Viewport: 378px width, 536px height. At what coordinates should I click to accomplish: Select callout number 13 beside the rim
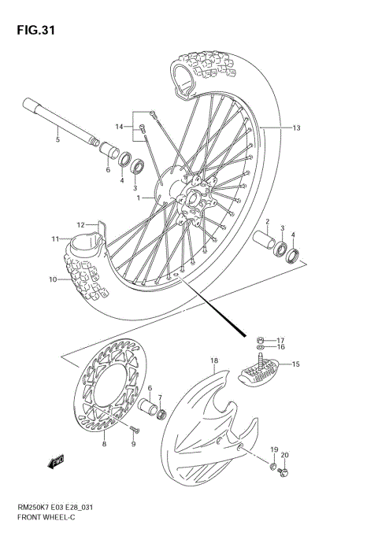296,128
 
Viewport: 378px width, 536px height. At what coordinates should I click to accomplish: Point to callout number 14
119,127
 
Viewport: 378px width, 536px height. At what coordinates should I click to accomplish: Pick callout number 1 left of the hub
139,198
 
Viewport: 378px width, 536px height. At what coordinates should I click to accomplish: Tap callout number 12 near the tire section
80,225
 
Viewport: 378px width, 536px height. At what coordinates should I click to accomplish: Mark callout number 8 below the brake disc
104,445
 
